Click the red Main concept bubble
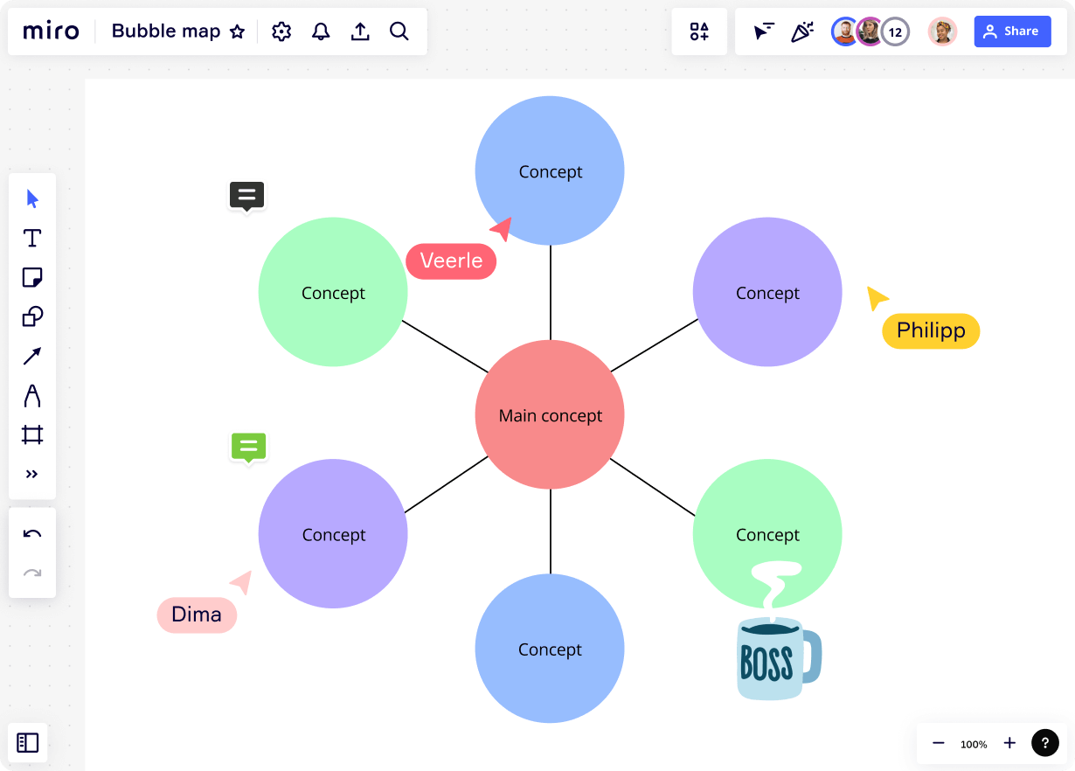coord(550,415)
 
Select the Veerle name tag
coord(451,260)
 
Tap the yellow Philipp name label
coord(931,331)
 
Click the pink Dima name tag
coord(197,615)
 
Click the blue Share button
coord(1012,31)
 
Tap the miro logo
coord(51,31)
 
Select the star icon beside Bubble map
coord(237,32)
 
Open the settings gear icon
coord(281,31)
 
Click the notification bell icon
coord(321,31)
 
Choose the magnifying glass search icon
coord(399,31)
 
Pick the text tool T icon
coord(32,238)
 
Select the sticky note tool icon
coord(32,277)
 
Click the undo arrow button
coord(32,533)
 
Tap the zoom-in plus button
coord(1009,743)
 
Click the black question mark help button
coord(1045,743)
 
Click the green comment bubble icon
coord(248,447)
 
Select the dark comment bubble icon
coord(246,196)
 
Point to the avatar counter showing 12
coord(895,32)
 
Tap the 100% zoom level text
coord(974,744)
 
